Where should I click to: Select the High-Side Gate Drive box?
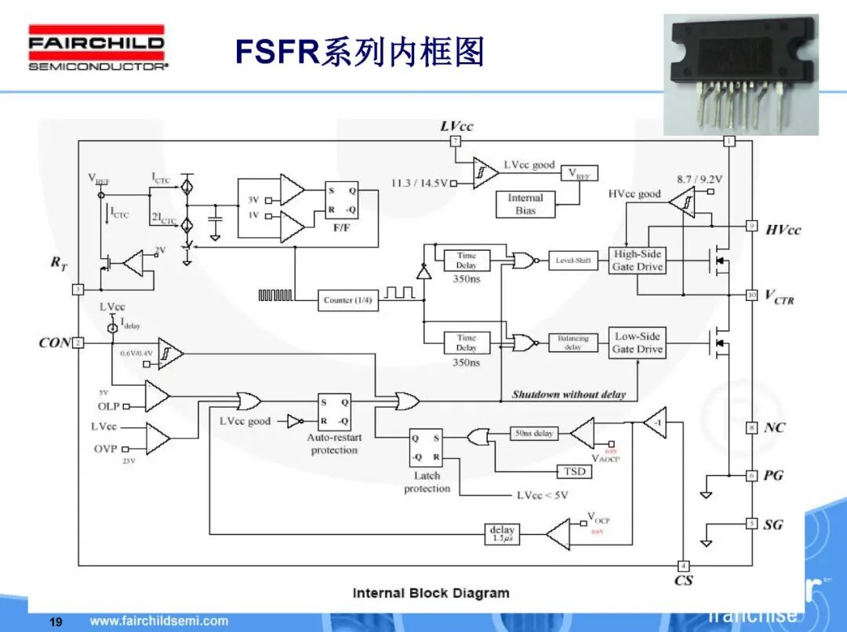coord(637,260)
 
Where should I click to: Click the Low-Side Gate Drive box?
coord(637,343)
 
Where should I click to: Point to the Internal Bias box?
coord(525,204)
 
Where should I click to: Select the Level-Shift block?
coord(573,260)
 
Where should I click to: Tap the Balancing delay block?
coord(573,343)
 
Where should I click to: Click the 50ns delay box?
coord(533,433)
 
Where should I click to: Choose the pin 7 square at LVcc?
coord(455,141)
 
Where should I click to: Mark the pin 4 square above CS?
coord(683,565)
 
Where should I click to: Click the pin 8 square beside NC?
coord(751,427)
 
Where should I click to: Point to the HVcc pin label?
coord(783,230)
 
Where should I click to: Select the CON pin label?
coord(54,343)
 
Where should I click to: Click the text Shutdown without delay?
coord(569,394)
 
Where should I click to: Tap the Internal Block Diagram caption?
coord(431,593)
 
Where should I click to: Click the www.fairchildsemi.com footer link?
coord(159,621)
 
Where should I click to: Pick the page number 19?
coord(56,622)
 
